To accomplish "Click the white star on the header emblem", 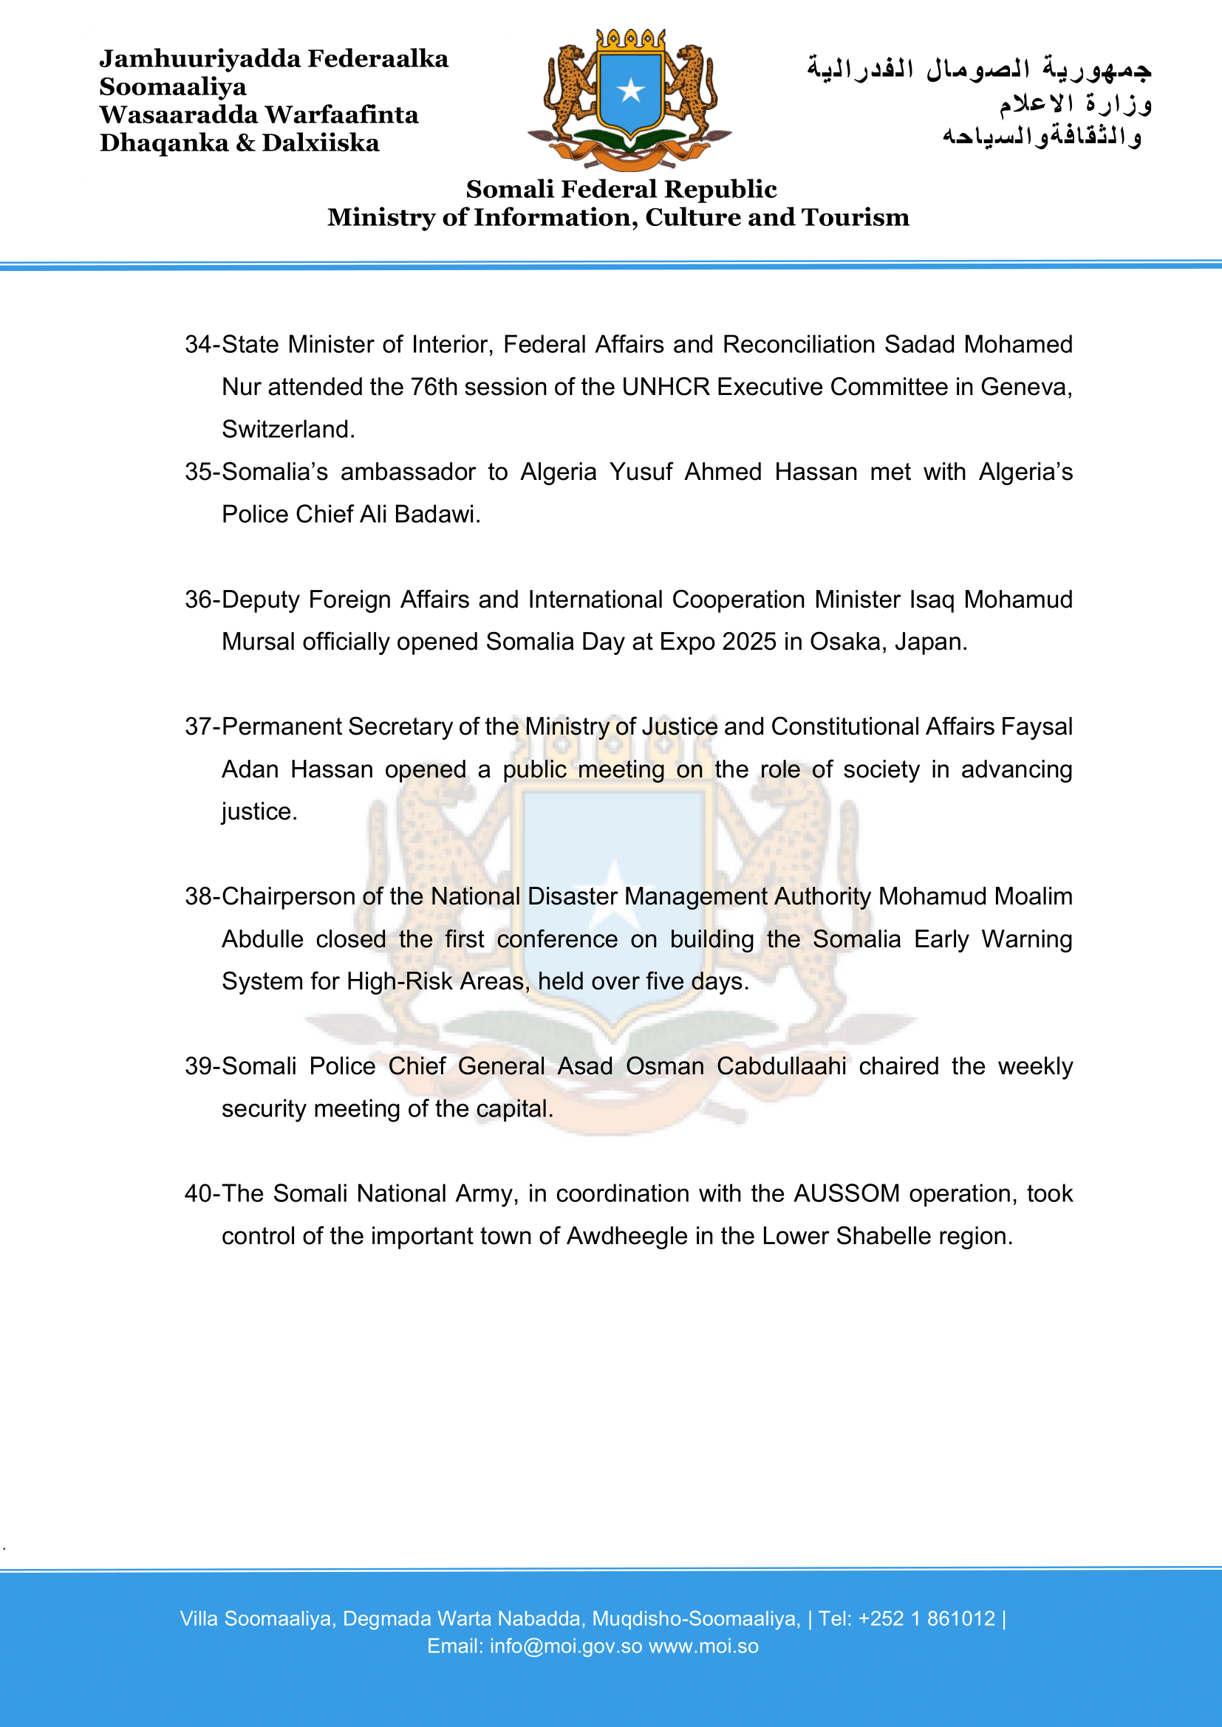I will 630,91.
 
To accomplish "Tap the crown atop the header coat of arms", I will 630,40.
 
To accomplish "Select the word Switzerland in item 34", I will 287,430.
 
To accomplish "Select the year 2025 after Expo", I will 748,642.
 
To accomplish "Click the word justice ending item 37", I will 259,811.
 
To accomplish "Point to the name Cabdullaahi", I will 781,1067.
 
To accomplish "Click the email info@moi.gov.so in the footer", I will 566,1647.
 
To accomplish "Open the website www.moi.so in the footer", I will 703,1647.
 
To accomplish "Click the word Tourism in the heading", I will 856,217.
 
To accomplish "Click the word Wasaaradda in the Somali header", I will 178,115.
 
